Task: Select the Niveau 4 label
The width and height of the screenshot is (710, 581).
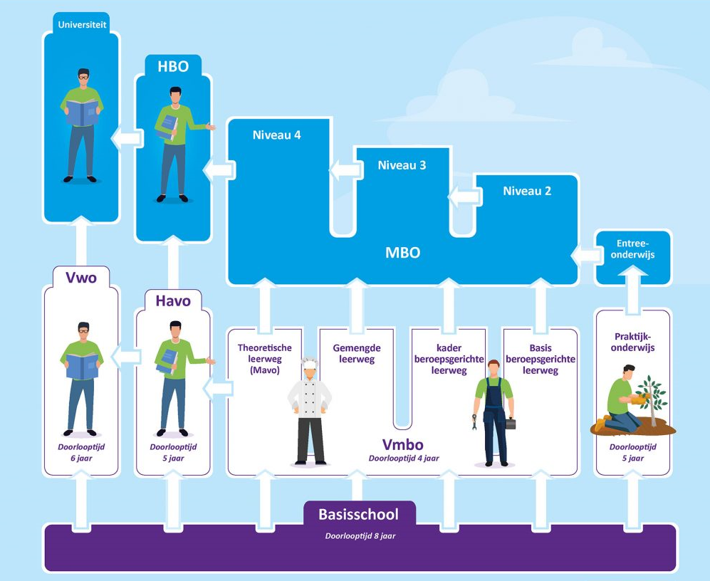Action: click(276, 135)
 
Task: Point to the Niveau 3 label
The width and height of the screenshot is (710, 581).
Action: click(402, 165)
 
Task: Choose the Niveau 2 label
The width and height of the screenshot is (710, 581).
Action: click(527, 191)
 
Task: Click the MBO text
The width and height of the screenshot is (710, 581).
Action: click(402, 252)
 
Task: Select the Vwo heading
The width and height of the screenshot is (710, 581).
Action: click(80, 277)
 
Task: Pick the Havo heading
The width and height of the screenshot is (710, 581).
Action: click(173, 301)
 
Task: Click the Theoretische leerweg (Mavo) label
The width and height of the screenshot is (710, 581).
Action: click(259, 359)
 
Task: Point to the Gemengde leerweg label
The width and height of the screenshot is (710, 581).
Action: click(356, 353)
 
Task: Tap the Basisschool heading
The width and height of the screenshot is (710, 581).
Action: click(358, 514)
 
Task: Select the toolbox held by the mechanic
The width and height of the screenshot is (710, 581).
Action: click(511, 423)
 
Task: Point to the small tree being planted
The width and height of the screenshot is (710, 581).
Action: click(651, 399)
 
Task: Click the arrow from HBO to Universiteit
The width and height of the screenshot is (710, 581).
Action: click(125, 137)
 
